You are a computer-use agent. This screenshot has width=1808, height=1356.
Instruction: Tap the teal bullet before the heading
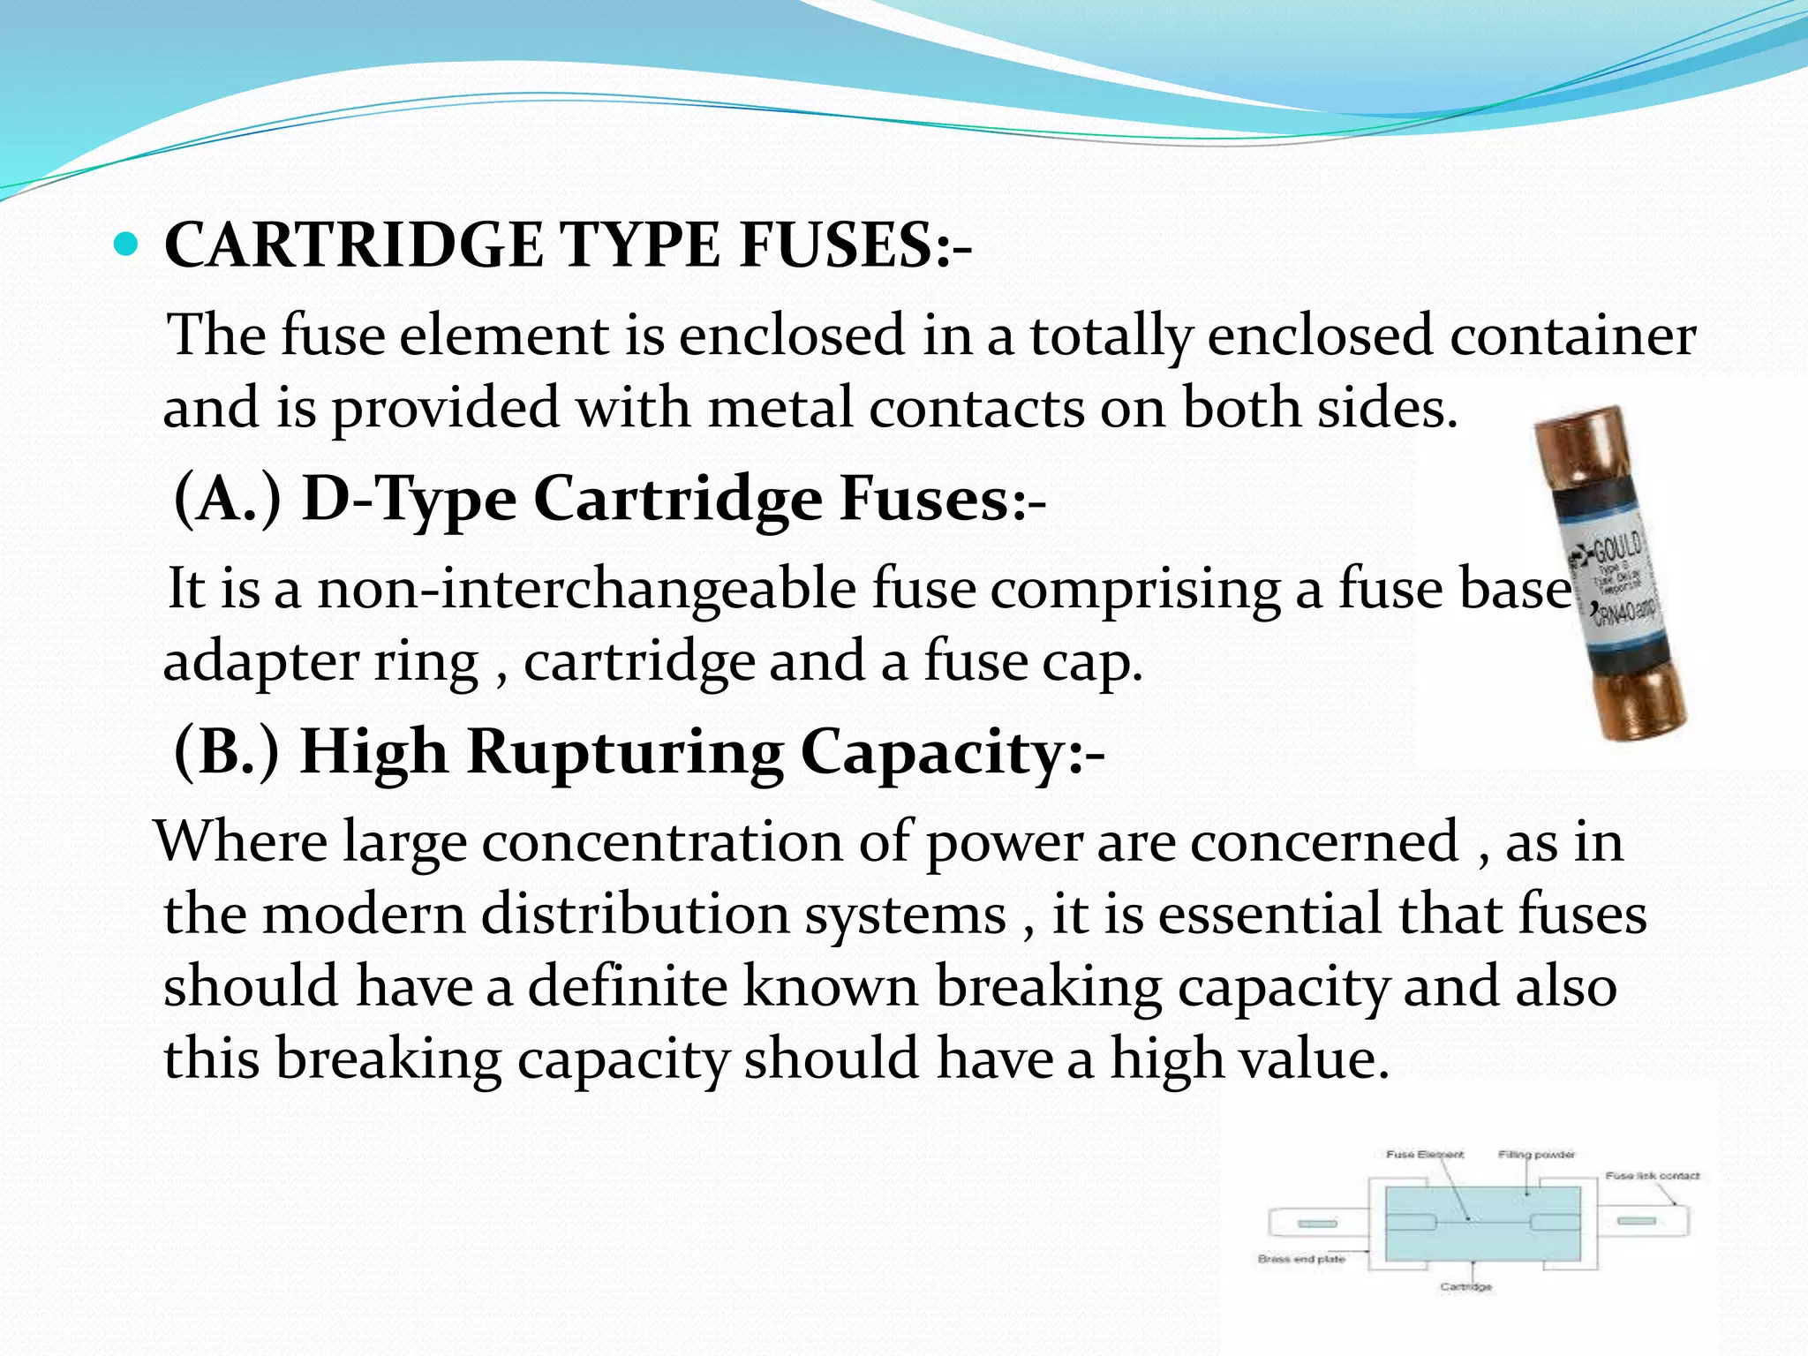tap(127, 244)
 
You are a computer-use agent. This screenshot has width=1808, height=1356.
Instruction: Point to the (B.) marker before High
tap(227, 751)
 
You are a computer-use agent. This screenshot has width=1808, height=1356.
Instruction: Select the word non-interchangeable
tap(586, 588)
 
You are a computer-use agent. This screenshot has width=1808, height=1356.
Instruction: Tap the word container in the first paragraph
tap(1572, 335)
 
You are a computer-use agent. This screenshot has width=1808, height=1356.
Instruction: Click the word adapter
tap(260, 662)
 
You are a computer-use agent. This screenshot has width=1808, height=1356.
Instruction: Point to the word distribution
tap(635, 913)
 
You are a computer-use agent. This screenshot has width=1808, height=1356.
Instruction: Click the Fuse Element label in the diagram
tap(1424, 1155)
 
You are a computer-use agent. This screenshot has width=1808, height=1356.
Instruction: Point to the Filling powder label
tap(1536, 1155)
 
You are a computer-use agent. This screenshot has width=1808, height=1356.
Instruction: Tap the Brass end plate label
tap(1301, 1259)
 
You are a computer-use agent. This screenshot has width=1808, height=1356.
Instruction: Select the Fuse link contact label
tap(1652, 1176)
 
